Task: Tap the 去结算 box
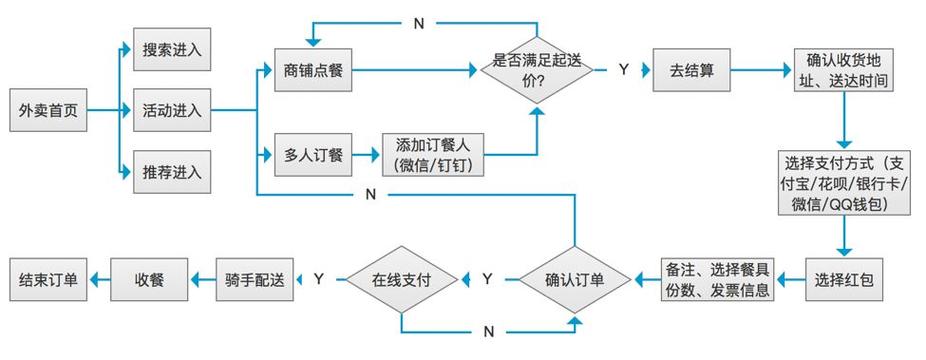[691, 70]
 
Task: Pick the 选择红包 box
[843, 279]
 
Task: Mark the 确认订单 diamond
[574, 279]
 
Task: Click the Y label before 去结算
[623, 70]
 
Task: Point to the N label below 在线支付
[488, 330]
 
